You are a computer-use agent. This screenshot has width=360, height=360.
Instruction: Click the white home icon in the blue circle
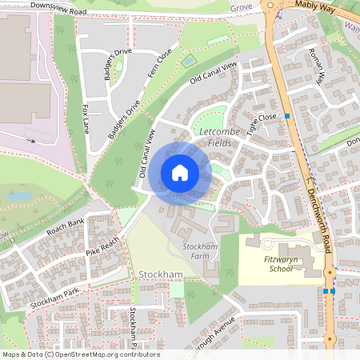click(x=180, y=172)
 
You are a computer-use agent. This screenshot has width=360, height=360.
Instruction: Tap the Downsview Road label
click(x=58, y=9)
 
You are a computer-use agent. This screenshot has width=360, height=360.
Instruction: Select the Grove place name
click(x=241, y=7)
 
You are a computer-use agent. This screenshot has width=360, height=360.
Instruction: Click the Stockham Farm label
click(x=201, y=251)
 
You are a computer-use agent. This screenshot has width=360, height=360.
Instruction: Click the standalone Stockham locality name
click(x=161, y=275)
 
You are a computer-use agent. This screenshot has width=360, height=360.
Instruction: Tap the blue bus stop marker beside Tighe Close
click(x=286, y=116)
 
